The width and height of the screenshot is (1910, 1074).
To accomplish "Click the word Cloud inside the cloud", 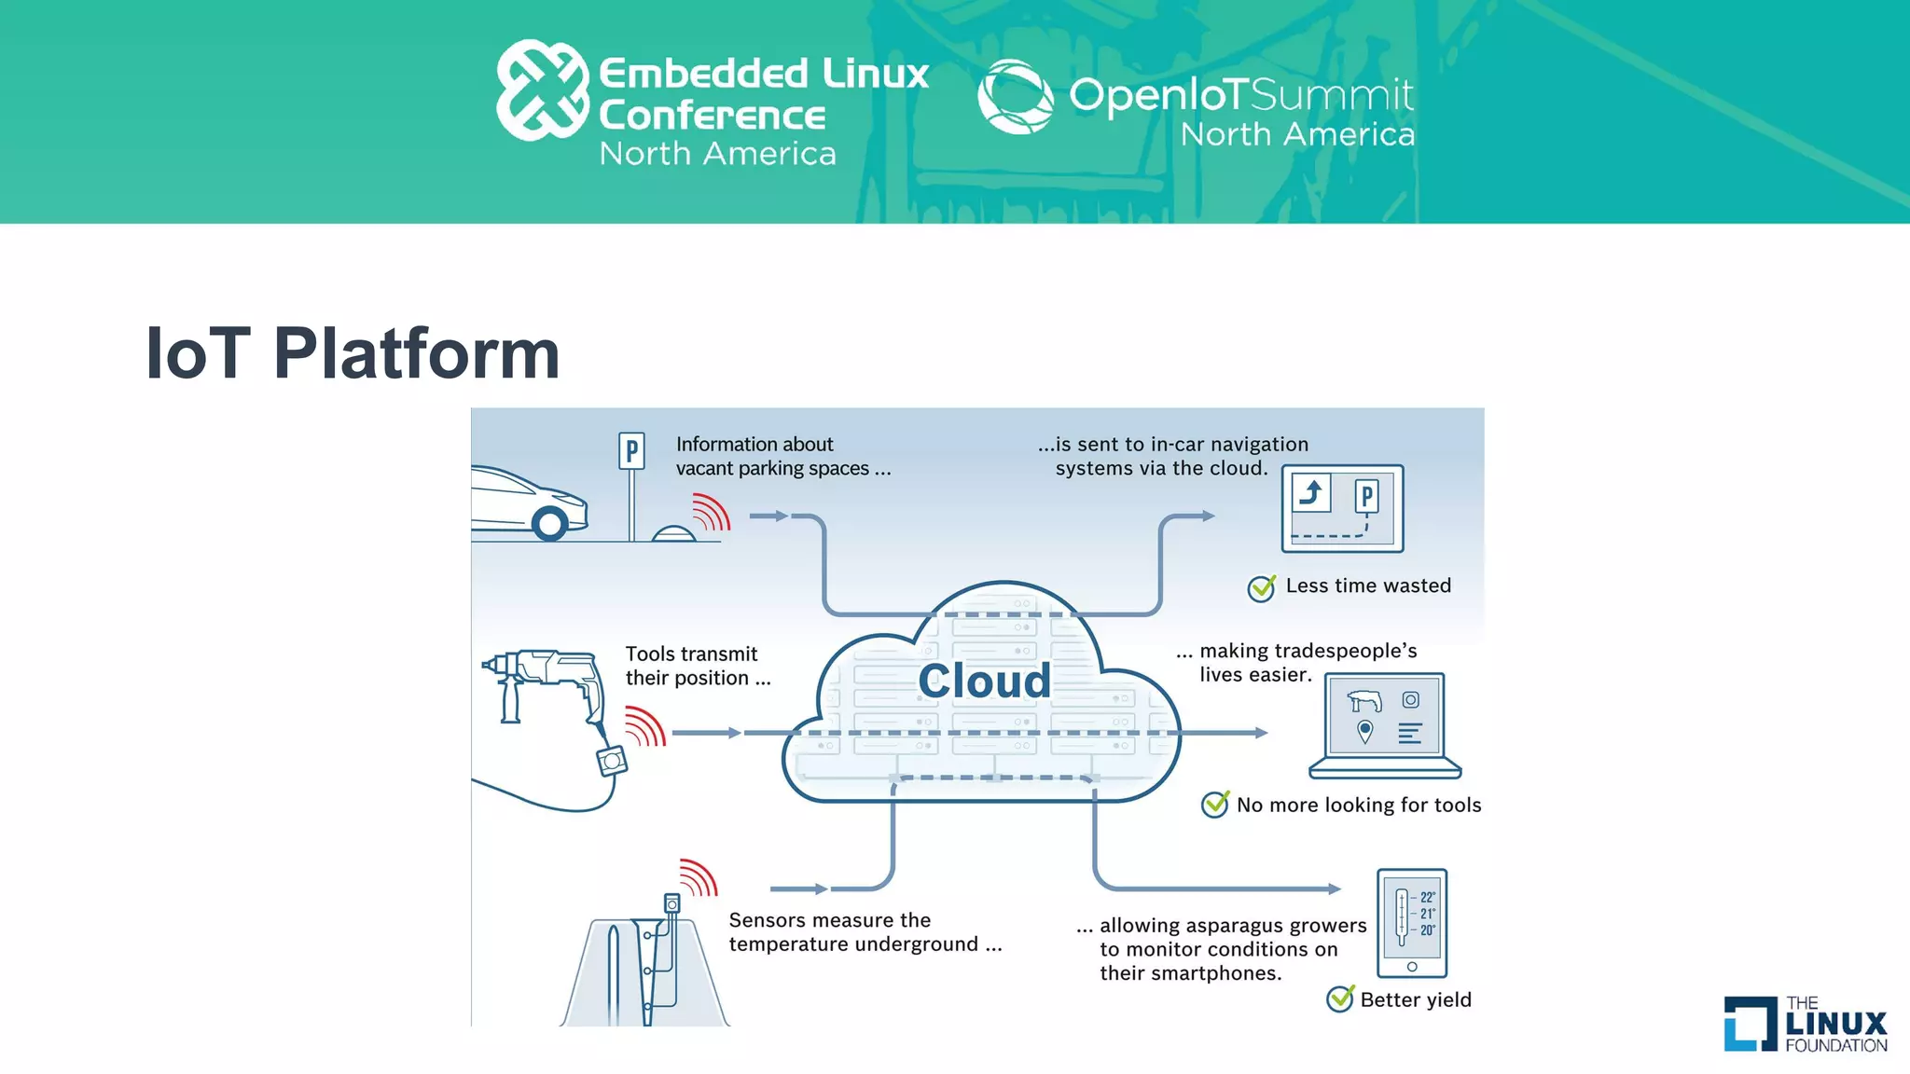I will pos(984,682).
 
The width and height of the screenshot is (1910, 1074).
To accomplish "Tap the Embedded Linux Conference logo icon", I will pos(542,90).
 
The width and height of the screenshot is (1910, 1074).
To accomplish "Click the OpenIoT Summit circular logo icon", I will pos(1015,96).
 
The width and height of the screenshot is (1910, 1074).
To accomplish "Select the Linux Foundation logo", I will pos(1805,1024).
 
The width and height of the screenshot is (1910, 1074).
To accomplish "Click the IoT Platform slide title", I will pos(353,353).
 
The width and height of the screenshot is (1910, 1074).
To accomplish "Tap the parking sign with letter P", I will pos(631,452).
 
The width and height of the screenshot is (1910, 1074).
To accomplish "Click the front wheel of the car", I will pos(549,524).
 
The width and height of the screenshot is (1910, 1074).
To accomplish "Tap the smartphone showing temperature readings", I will pos(1412,923).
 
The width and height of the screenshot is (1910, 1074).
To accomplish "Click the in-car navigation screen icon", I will pos(1342,508).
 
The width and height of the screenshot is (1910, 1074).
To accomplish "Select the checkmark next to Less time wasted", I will pos(1262,587).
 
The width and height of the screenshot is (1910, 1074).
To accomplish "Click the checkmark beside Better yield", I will pos(1340,998).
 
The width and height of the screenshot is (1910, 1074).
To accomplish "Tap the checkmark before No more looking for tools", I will pos(1214,804).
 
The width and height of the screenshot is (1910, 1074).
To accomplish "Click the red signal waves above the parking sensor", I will pos(712,512).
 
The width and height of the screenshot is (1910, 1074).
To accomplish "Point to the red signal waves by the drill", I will pos(645,726).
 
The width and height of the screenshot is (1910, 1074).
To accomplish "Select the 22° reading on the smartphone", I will pos(1427,897).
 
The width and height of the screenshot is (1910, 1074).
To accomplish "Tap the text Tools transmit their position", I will pos(698,666).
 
